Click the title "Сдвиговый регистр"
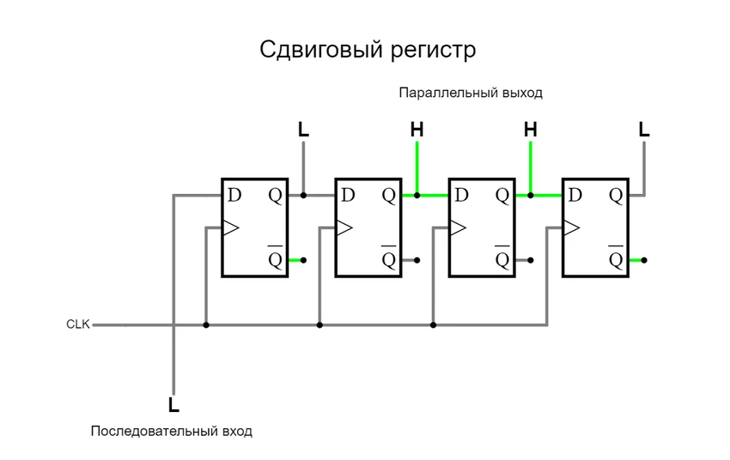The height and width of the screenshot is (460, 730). pos(367,51)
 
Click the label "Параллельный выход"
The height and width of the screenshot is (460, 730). pos(470,92)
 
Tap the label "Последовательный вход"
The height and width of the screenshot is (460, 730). pos(172,431)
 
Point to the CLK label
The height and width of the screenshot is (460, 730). pos(78,324)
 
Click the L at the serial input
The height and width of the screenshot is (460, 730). pos(173,404)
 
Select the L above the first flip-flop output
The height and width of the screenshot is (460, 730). pos(303,130)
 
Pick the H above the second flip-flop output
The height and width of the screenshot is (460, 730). pos(417,130)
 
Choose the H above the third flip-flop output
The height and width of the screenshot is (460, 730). pos(530,130)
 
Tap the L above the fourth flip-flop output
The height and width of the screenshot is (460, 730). pos(644,130)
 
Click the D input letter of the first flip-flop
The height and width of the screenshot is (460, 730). pos(234,195)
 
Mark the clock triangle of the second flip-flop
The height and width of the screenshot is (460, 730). pos(344,227)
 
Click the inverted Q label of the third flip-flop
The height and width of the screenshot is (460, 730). pos(502,257)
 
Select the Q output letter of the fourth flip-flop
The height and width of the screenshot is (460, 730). pos(616,195)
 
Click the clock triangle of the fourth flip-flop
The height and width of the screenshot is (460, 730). pos(571,227)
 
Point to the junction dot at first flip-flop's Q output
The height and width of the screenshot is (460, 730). pos(303,196)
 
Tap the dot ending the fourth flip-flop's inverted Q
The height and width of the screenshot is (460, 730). pos(644,259)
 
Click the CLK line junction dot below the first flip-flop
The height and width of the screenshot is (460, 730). pos(206,325)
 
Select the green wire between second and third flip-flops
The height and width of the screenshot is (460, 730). pos(433,196)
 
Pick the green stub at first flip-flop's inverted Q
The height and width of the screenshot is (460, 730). pos(295,259)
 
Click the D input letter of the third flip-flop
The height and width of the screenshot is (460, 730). pos(461,195)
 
